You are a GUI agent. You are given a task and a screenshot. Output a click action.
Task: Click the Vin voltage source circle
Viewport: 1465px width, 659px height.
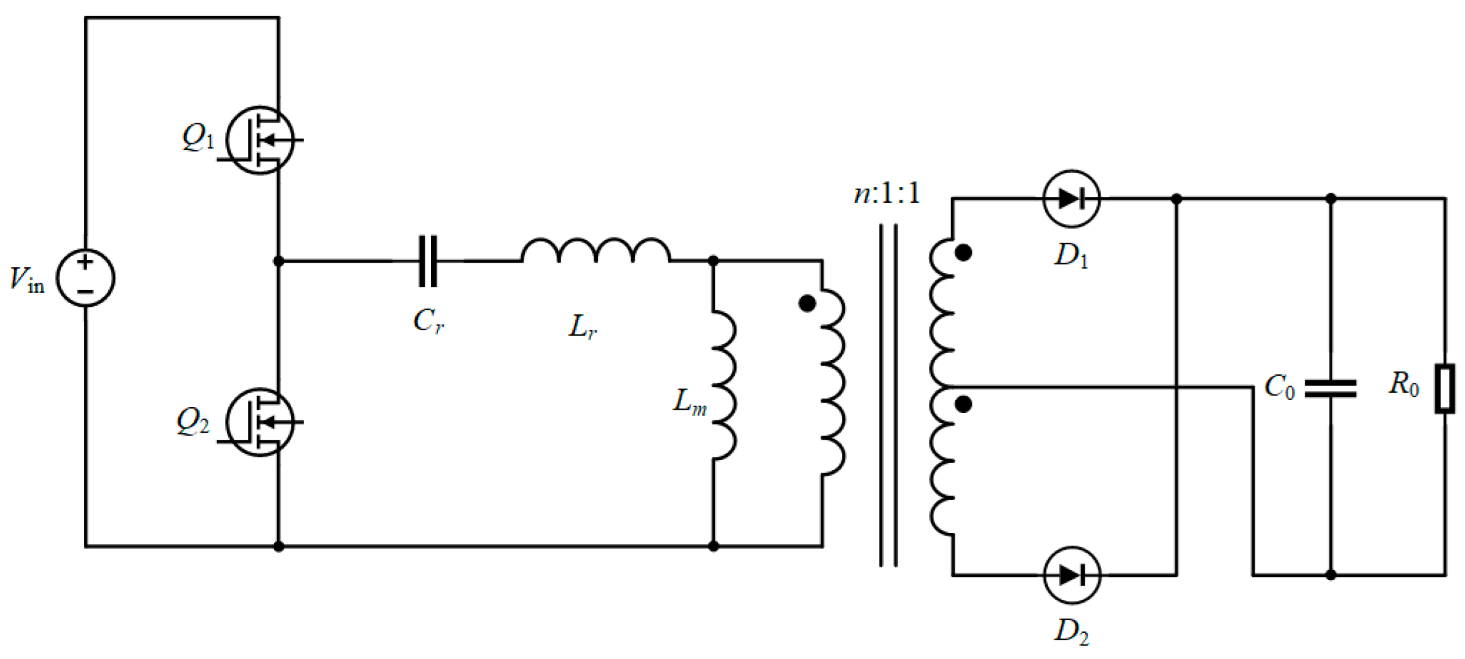click(85, 278)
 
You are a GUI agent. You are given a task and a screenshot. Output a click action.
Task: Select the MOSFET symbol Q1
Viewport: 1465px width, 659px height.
click(259, 140)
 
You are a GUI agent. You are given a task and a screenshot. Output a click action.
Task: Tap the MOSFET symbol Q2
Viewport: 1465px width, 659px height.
click(259, 422)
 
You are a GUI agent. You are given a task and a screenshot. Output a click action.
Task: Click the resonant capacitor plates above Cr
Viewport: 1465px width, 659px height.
click(428, 261)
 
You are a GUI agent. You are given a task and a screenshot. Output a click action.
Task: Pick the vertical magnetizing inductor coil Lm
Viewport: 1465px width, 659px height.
click(724, 386)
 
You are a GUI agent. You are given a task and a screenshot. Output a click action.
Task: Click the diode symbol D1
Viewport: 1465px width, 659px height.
click(1071, 199)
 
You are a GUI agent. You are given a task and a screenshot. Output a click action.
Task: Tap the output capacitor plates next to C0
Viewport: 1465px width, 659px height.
click(1331, 389)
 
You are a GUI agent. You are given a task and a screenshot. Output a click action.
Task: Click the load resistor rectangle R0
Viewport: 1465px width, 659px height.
click(1445, 389)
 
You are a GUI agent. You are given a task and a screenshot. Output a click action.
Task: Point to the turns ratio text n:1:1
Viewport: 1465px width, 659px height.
click(886, 193)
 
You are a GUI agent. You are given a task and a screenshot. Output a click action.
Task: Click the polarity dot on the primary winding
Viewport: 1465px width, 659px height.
click(807, 304)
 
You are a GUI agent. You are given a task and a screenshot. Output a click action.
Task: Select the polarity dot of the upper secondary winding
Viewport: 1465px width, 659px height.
click(964, 253)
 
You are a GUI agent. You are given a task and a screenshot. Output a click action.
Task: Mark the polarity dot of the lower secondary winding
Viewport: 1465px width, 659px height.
click(964, 404)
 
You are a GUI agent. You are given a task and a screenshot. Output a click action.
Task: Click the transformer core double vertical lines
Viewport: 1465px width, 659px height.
click(888, 396)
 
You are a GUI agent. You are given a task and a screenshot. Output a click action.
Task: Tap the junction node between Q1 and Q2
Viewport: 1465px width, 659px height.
click(279, 261)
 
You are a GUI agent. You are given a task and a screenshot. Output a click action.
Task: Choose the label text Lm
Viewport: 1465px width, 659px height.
click(689, 401)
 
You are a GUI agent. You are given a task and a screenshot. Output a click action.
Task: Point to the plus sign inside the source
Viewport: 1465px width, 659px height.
click(85, 262)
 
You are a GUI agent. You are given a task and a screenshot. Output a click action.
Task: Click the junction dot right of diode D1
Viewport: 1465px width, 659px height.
click(1176, 199)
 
